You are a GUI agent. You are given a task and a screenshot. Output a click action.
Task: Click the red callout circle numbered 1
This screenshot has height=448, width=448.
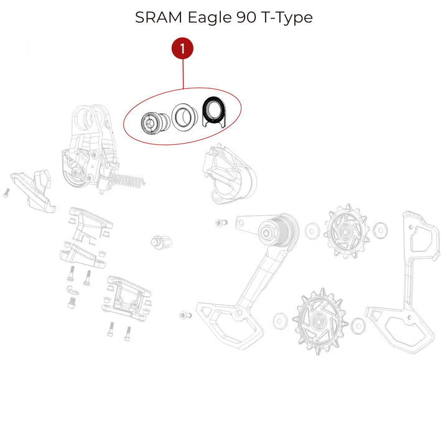coord(182,49)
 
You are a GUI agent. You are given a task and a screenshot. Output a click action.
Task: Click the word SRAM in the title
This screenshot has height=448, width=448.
coord(159,17)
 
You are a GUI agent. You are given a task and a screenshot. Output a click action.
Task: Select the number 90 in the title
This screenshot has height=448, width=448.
coord(246,17)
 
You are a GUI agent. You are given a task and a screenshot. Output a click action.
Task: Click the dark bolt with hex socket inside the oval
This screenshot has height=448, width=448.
coord(155,123)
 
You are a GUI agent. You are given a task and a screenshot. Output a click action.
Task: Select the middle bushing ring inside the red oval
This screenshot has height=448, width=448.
coord(184,116)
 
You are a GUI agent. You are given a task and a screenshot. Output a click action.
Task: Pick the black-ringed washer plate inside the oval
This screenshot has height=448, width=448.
coord(213,112)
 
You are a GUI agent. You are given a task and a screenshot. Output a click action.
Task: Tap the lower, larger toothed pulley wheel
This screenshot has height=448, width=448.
coord(319,321)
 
